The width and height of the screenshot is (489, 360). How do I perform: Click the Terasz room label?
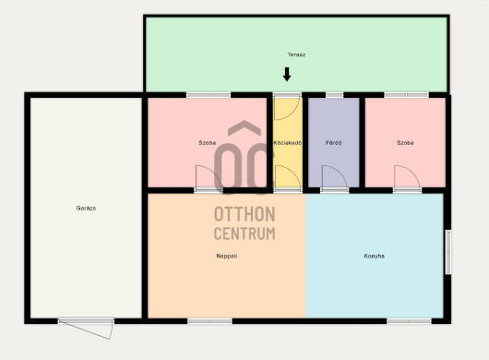pyautogui.click(x=296, y=54)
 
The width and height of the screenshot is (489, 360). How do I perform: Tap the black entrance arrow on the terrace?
pyautogui.click(x=287, y=74)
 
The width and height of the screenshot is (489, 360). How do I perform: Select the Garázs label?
pyautogui.click(x=86, y=208)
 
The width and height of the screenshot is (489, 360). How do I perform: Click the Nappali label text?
pyautogui.click(x=227, y=256)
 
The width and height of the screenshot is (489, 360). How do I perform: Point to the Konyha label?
pyautogui.click(x=375, y=256)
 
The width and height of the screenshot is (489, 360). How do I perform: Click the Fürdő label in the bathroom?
pyautogui.click(x=333, y=143)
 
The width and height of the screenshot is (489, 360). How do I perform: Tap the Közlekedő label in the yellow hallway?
pyautogui.click(x=288, y=143)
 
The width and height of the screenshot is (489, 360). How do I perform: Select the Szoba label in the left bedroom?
pyautogui.click(x=207, y=143)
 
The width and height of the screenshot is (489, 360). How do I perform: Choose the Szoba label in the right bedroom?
pyautogui.click(x=405, y=143)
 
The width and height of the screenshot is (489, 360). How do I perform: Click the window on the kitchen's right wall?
pyautogui.click(x=448, y=252)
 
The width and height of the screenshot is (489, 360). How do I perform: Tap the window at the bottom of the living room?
pyautogui.click(x=209, y=321)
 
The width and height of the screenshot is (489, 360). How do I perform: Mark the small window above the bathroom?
pyautogui.click(x=334, y=95)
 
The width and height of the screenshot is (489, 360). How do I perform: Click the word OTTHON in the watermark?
pyautogui.click(x=244, y=214)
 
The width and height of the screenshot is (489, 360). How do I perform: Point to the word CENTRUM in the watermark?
pyautogui.click(x=244, y=234)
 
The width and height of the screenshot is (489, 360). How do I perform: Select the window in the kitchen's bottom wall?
pyautogui.click(x=409, y=321)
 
